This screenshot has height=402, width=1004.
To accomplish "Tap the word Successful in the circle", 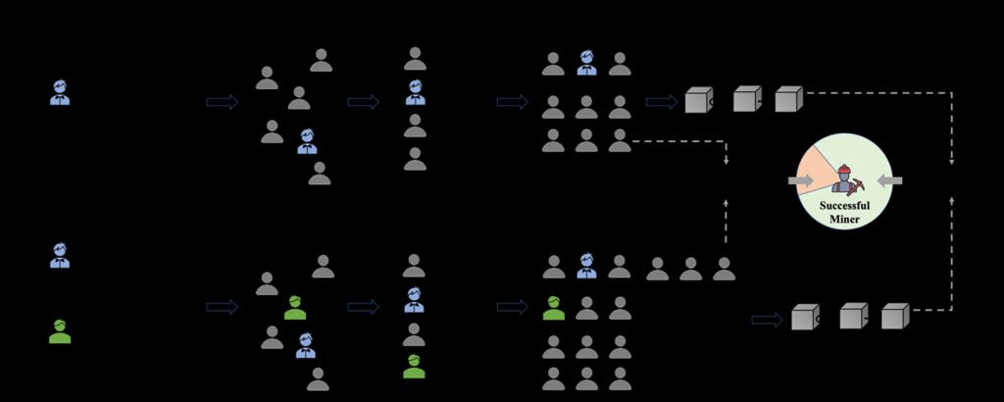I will tap(844, 205).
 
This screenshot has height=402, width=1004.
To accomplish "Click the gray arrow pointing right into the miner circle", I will tap(800, 180).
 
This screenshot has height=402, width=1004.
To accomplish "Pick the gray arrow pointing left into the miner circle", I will tap(889, 180).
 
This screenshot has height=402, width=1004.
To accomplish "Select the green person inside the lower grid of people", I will tap(554, 308).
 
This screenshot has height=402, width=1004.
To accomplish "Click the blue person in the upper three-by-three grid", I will tap(586, 64).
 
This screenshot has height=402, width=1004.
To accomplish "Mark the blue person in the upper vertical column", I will tap(415, 93).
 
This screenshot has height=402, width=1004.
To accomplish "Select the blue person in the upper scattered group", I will tap(307, 142).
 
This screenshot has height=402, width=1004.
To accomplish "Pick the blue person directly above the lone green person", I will tap(60, 257).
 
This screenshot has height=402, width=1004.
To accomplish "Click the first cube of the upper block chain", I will tap(699, 101).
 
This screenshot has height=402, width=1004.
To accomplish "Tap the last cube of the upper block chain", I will tap(789, 99).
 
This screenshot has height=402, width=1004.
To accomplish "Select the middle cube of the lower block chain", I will tap(853, 316).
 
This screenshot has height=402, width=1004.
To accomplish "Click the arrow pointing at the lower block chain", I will tap(766, 319).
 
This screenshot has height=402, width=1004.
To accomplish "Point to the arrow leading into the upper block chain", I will tap(660, 102).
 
